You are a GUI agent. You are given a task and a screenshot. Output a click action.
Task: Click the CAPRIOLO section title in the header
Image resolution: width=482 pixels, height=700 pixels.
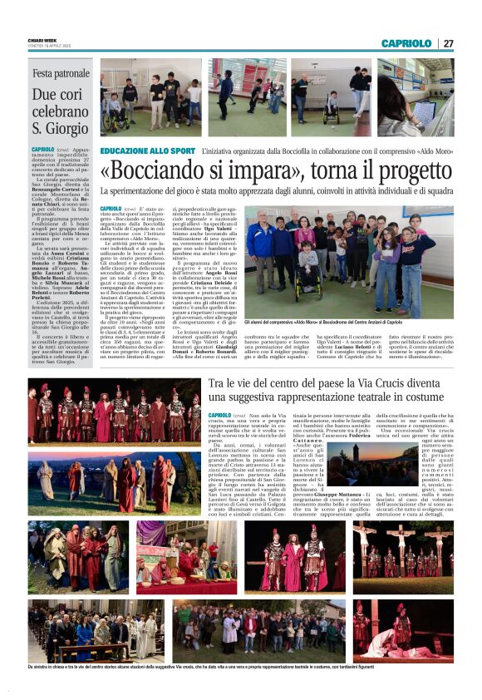(x=406, y=43)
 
